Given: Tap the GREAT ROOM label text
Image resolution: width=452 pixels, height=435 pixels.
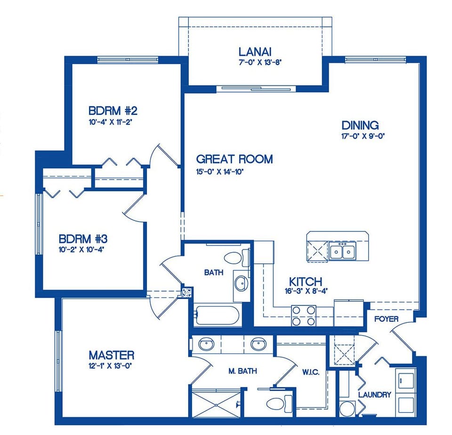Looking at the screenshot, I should tap(234, 159).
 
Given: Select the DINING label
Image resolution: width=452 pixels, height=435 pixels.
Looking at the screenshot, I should tap(360, 125).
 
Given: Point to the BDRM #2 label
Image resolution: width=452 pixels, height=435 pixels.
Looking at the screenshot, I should tap(113, 111).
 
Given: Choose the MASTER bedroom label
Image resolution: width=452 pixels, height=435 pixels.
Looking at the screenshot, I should tap(112, 355).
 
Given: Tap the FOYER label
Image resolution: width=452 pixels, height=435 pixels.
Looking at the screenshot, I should tap(386, 319).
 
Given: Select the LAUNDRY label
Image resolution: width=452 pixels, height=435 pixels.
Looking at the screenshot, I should tap(374, 394).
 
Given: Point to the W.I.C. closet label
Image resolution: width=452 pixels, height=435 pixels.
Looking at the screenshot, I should tap(311, 372).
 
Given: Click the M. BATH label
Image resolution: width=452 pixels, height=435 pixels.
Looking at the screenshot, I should tap(242, 371).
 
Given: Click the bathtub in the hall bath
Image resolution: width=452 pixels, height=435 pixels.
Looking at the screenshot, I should tap(218, 316).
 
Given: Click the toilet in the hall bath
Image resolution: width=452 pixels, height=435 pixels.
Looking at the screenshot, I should tap(234, 258).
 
